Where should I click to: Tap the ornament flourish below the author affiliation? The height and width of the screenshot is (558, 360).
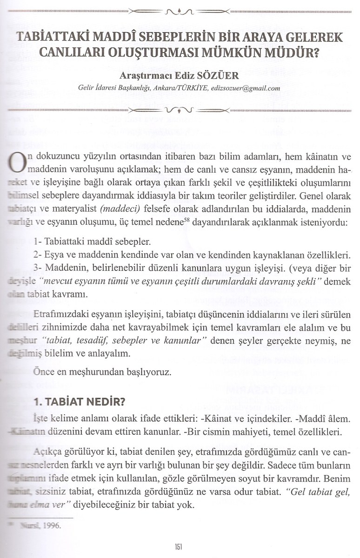pos(180,110)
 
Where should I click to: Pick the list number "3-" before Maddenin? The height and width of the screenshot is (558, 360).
pos(39,269)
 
